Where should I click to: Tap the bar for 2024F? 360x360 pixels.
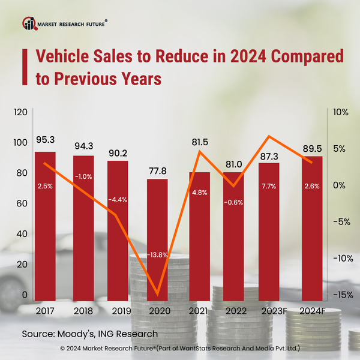point(312,228)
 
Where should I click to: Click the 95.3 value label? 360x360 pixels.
point(45,140)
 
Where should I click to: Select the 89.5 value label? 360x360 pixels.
point(312,146)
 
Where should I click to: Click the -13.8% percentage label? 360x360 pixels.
point(158,256)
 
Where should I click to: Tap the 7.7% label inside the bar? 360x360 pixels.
point(269,186)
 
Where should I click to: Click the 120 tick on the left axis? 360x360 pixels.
point(20,112)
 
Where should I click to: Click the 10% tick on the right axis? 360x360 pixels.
point(340,112)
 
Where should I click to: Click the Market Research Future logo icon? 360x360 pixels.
point(28,23)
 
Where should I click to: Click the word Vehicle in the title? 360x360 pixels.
point(63,56)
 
